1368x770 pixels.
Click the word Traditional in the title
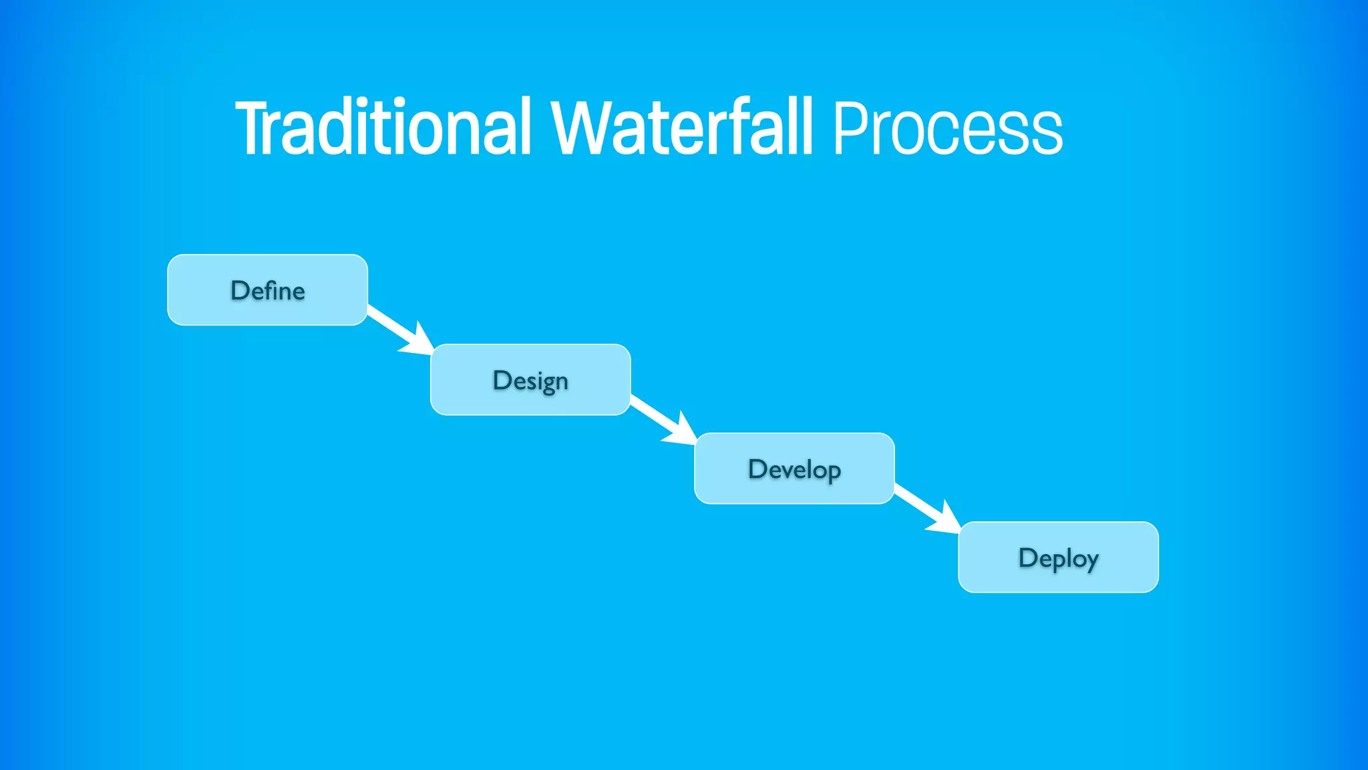pos(383,128)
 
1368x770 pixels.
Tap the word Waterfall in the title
pos(681,128)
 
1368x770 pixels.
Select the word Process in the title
pos(947,128)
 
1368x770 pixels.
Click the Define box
pos(267,290)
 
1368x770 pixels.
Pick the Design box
pos(530,380)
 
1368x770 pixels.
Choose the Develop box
pos(794,469)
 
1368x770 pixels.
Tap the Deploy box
pos(1058,557)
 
